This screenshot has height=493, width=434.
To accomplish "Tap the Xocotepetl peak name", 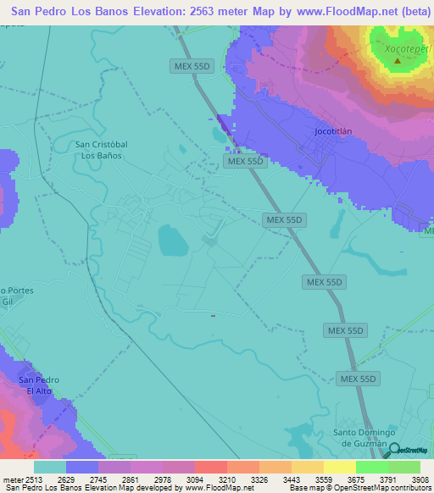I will pos(397,48).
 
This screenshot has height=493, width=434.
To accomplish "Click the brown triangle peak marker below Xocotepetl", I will pos(397,62).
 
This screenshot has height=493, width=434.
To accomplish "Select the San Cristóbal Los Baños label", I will pos(102,150).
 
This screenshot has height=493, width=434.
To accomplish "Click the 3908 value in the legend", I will pos(420,479).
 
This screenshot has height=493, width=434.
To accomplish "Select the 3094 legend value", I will pos(194,479).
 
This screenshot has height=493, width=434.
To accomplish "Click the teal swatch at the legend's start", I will pos(50,467).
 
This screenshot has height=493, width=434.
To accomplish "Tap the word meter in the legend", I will pos(13,479).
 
